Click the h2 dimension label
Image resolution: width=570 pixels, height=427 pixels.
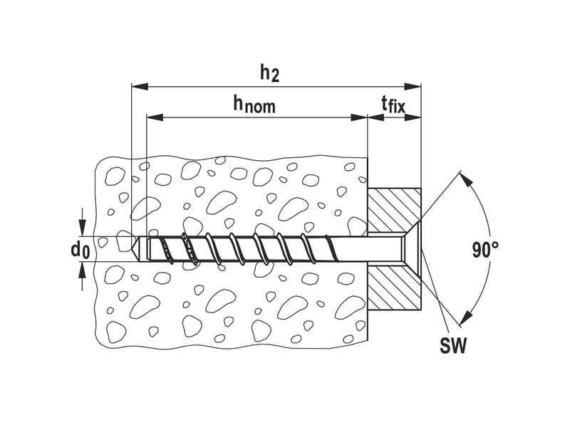[x=269, y=74]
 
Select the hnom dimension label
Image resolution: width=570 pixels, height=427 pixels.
[x=254, y=105]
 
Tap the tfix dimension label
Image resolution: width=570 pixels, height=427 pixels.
[x=393, y=105]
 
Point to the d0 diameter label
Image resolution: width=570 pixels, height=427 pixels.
[x=80, y=251]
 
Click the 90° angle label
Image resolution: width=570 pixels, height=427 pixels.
[x=486, y=250]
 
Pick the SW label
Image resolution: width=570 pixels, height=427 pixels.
[x=452, y=345]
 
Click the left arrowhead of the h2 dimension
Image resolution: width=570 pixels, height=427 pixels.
[x=140, y=86]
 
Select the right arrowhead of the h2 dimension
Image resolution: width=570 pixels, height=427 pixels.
[x=413, y=86]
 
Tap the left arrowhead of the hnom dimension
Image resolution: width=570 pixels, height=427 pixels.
[x=155, y=117]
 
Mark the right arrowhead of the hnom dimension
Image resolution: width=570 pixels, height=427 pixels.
[x=359, y=117]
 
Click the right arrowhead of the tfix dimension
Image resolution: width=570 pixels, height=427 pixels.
[x=413, y=117]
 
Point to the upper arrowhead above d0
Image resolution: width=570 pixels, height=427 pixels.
[x=83, y=228]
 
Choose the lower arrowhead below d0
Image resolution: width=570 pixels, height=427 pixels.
[x=83, y=270]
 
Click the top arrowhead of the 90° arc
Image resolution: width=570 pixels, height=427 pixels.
[x=465, y=179]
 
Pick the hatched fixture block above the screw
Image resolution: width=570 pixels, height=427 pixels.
[x=394, y=210]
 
